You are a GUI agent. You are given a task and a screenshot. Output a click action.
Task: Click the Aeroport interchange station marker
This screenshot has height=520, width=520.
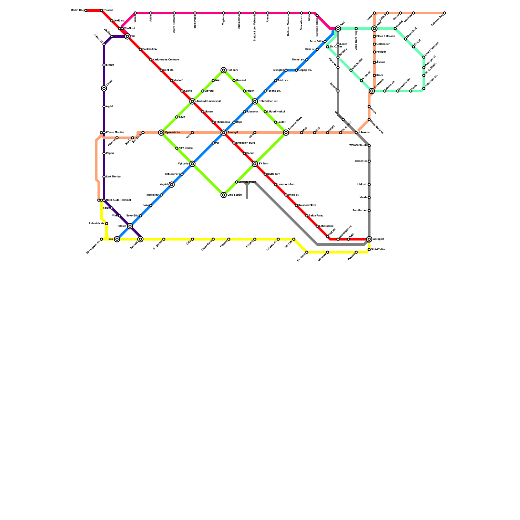pos(369,239)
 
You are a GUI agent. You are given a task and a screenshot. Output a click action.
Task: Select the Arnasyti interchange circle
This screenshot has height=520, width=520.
pos(224,133)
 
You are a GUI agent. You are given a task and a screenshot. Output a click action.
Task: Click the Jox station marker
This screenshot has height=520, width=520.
pos(117,239)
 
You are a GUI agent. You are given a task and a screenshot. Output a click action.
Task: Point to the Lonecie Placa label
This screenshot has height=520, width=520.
pos(247,182)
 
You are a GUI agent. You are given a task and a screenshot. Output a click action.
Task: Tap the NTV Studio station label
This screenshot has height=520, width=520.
pos(186,148)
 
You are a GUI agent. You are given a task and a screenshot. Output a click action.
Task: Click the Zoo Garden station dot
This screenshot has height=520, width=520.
pos(369,211)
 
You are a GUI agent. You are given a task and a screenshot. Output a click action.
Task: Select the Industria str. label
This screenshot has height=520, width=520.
pos(97,224)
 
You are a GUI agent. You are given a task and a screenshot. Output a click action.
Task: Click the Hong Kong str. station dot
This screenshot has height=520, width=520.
pos(369,120)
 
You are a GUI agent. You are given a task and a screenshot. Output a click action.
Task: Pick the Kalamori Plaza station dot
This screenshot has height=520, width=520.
pos(296,205)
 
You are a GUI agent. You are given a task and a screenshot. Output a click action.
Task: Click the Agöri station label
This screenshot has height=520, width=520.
pos(109,107)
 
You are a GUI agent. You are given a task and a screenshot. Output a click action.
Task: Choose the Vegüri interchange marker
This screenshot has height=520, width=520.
pos(172,185)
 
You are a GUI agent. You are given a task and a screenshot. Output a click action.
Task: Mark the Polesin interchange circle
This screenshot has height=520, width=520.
pos(130,226)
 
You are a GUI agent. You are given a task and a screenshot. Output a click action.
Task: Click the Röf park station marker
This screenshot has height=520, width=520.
pos(224,70)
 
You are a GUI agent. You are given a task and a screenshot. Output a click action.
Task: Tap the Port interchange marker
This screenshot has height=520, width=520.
pos(338,29)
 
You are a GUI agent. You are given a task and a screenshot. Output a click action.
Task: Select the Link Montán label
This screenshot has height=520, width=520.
pos(113,177)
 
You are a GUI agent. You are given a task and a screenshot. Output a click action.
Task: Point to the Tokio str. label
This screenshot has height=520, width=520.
pos(283,81)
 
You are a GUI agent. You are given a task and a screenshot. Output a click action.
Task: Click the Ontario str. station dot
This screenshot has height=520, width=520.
pos(374,44)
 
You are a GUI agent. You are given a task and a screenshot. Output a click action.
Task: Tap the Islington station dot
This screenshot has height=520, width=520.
pos(286,70)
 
